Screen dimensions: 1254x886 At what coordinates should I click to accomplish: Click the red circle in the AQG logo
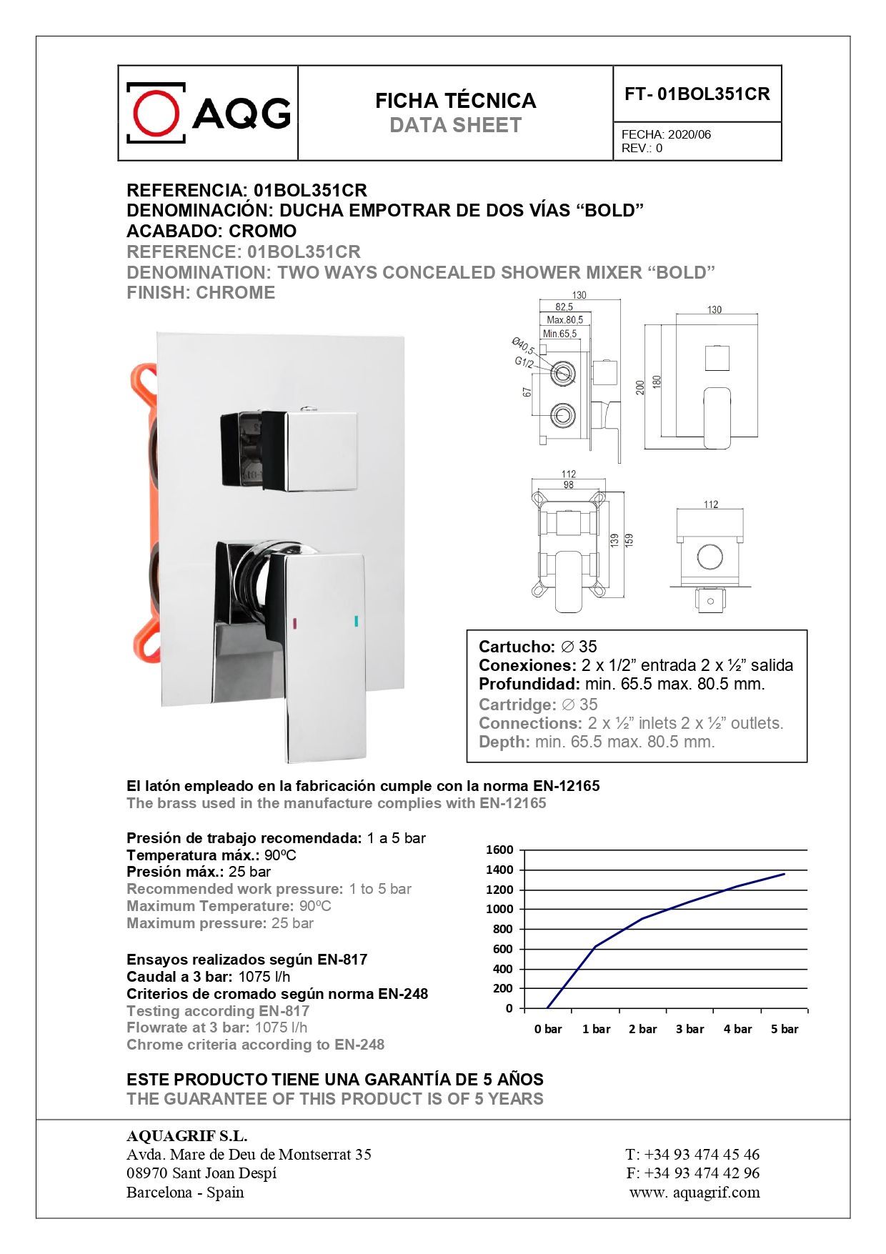[x=156, y=113]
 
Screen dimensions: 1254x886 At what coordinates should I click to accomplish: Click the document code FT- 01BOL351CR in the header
[x=697, y=94]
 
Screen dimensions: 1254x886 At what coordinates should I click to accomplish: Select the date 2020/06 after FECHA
[x=690, y=134]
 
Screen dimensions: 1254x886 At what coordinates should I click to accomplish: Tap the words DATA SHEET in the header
[x=455, y=126]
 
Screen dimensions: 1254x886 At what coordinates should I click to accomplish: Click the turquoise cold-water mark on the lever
[x=356, y=620]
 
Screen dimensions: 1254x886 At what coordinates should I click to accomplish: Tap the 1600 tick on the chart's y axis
[x=499, y=850]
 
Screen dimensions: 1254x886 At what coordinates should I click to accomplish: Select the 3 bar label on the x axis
[x=690, y=1029]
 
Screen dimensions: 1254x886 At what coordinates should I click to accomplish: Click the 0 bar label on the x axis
[x=548, y=1029]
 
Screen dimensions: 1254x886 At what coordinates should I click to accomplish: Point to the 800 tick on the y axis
[x=502, y=929]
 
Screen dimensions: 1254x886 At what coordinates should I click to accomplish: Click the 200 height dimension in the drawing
[x=640, y=387]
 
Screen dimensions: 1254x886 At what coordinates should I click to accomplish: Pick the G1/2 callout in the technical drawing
[x=524, y=362]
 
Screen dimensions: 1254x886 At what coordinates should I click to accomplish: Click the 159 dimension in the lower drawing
[x=629, y=540]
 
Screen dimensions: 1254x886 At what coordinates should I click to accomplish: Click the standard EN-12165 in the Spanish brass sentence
[x=567, y=786]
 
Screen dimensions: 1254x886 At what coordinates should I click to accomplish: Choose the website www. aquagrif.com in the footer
[x=695, y=1192]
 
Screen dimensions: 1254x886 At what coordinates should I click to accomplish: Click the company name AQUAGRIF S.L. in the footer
[x=186, y=1136]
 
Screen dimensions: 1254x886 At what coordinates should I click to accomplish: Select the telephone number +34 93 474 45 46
[x=702, y=1154]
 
